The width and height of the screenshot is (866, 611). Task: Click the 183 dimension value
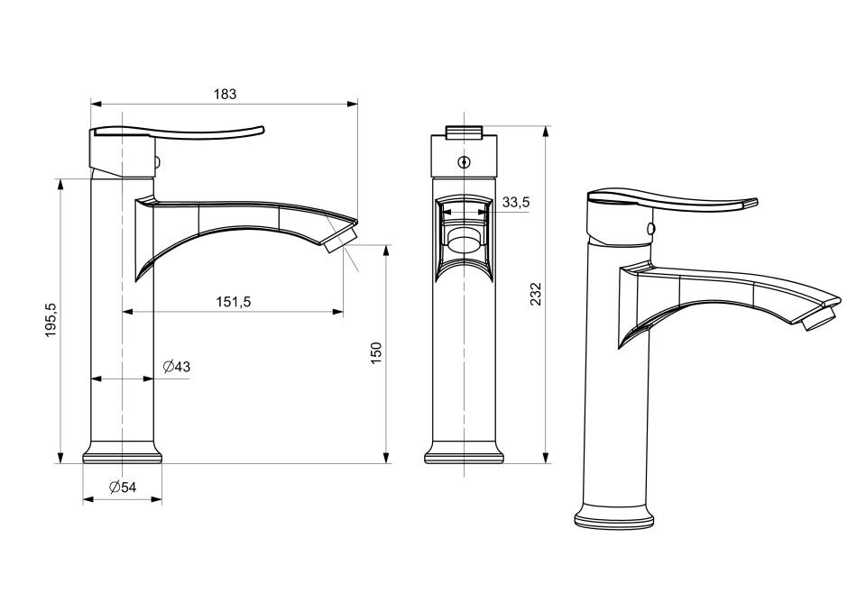[225, 95]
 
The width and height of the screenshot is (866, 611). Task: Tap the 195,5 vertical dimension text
[51, 320]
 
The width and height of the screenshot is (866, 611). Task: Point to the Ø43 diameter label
[177, 367]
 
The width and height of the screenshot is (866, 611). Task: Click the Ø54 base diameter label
[122, 487]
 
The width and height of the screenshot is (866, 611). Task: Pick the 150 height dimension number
[376, 352]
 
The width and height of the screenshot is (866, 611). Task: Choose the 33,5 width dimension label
[516, 203]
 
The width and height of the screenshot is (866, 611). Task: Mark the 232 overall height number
[535, 294]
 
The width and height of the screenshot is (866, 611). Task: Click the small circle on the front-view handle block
[465, 162]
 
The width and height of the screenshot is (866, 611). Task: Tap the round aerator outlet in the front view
[465, 241]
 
